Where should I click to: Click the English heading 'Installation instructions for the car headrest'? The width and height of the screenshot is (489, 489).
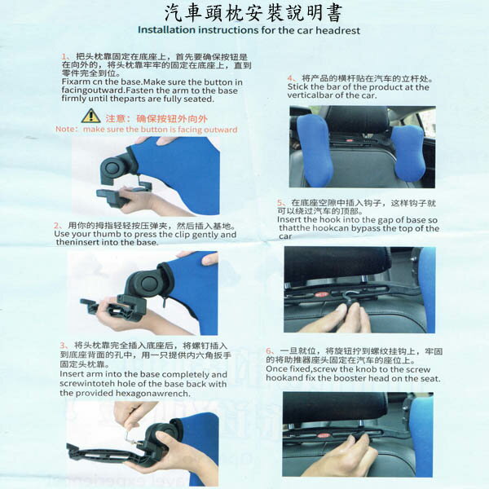(248, 30)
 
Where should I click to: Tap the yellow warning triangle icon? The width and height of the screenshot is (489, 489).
(90, 117)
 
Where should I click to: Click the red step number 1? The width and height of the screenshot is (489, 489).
(65, 56)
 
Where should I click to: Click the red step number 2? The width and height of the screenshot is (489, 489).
(57, 225)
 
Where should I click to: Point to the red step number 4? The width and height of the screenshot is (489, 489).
(291, 78)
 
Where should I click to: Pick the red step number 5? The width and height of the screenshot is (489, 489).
(281, 202)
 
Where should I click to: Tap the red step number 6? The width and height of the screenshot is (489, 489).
(270, 351)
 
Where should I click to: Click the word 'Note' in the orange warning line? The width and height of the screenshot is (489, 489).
(66, 130)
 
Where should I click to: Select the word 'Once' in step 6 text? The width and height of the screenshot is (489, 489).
(277, 369)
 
